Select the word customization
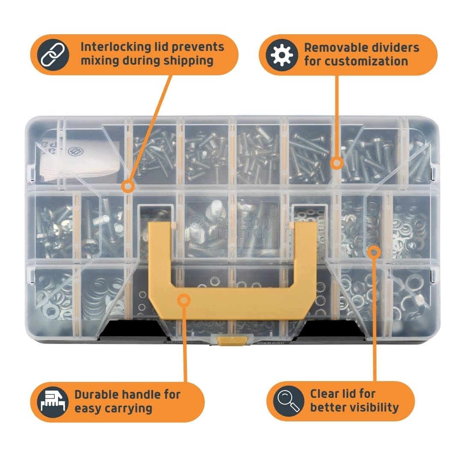356,61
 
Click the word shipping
188,61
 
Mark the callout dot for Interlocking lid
127,186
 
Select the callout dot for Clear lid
374,252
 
